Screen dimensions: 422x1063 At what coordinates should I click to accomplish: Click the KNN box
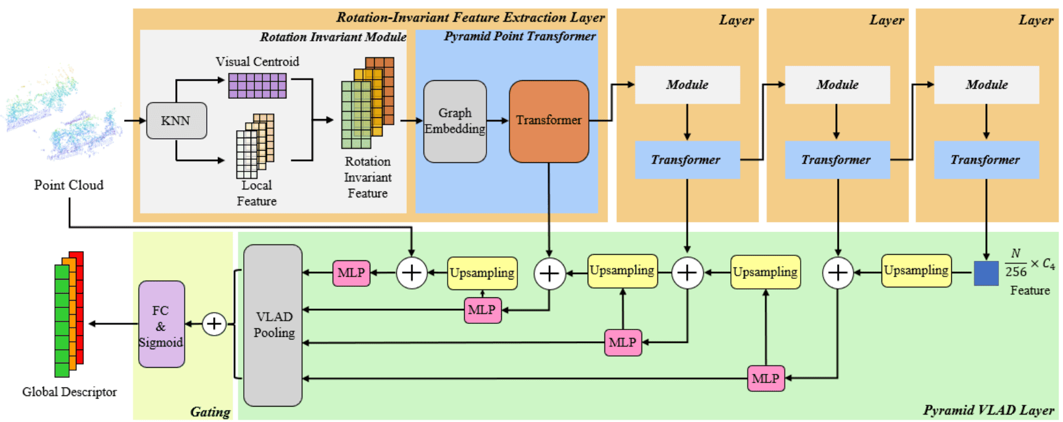pos(176,121)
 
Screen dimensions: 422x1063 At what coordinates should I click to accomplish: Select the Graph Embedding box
pos(455,121)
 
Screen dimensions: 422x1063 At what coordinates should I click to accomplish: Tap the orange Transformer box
pos(549,121)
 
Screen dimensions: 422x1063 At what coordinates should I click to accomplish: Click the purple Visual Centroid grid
pos(257,86)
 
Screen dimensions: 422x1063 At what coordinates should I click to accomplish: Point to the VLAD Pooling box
pos(273,325)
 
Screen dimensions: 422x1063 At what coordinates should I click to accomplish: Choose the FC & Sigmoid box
pos(161,325)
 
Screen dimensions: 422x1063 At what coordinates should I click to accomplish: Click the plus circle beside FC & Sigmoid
pos(214,324)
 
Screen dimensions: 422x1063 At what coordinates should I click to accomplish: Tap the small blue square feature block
pos(986,273)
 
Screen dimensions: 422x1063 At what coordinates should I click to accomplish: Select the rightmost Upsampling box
pos(916,271)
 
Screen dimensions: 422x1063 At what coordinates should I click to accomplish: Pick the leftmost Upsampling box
pos(482,273)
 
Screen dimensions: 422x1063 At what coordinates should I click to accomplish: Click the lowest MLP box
pos(765,379)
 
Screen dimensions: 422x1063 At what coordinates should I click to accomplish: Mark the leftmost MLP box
pos(351,273)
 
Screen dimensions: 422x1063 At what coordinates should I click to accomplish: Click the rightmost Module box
pos(986,85)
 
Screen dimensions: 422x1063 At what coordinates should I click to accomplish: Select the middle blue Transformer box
pos(836,160)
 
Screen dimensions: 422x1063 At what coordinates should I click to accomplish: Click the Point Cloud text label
pos(69,185)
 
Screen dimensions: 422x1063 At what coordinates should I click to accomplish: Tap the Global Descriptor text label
pos(69,392)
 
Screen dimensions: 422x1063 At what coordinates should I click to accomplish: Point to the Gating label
pos(210,412)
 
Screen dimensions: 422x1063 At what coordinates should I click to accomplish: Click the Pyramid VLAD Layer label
pos(988,411)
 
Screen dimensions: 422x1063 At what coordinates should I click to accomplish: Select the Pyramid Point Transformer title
pos(520,36)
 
